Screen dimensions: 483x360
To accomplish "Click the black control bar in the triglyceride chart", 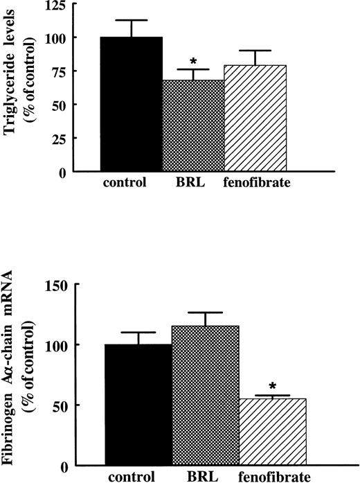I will click(x=131, y=104).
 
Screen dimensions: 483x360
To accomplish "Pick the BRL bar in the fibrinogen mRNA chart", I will click(x=206, y=395).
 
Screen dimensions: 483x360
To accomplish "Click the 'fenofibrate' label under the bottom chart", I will click(x=273, y=477).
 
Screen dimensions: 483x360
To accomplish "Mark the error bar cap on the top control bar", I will click(x=131, y=20).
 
